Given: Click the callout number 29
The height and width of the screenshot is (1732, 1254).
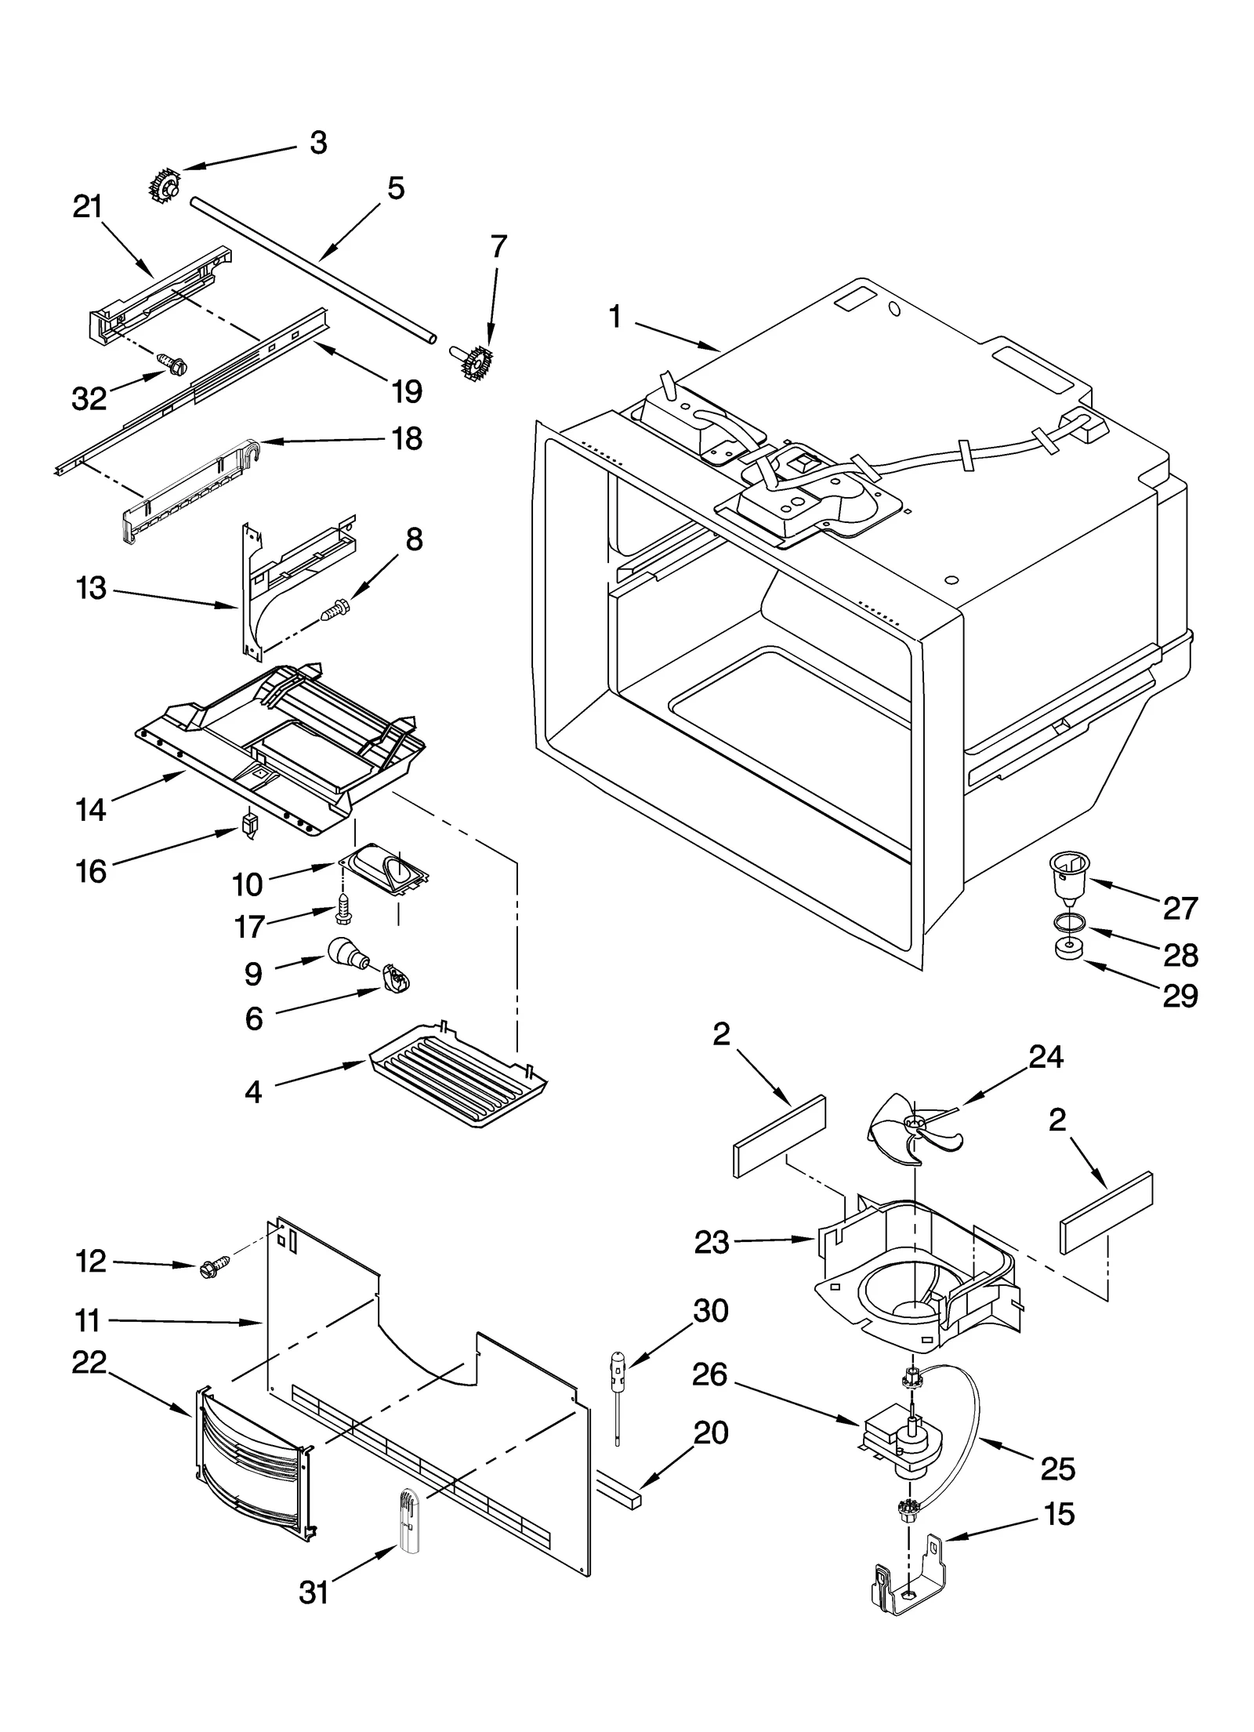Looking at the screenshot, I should [x=1180, y=996].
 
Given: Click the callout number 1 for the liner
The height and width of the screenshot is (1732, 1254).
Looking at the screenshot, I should [x=614, y=317].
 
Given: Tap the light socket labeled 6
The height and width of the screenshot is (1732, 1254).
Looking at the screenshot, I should [x=397, y=980].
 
